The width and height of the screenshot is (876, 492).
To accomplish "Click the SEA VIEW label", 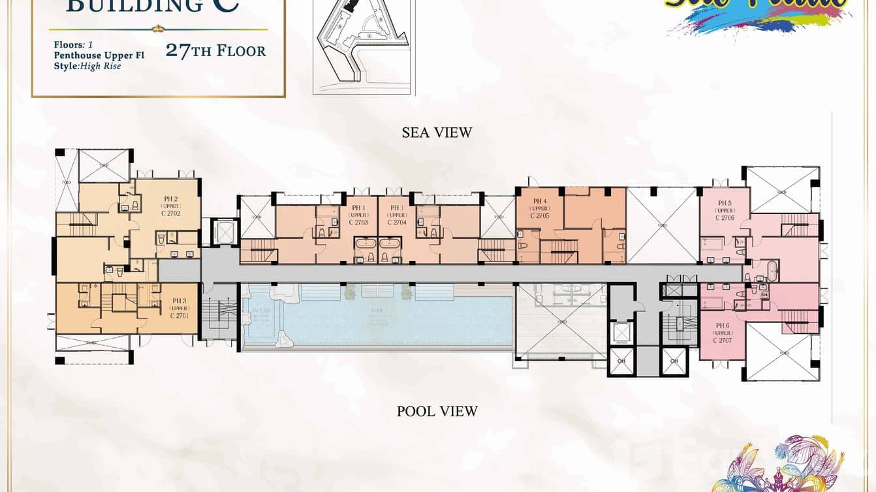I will coord(437,132).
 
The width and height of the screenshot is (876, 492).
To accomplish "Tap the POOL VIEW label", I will coord(437,411).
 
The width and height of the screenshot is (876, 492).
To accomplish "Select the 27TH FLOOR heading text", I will coord(216,50).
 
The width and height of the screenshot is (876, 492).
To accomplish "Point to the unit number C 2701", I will coord(179,316).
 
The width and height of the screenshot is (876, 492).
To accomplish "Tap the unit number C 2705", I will coord(540,216).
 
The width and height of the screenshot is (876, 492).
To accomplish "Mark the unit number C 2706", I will coord(725,218).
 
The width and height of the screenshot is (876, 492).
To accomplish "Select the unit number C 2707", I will coord(723,340).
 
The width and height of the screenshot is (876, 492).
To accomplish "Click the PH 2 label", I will coord(170,198).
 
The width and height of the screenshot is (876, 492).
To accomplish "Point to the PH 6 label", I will coord(722,326).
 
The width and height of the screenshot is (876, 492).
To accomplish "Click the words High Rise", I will coord(101,66).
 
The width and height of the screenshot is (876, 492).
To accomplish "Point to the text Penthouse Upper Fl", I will coord(99,55).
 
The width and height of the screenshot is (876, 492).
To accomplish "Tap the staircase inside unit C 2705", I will coord(560,251).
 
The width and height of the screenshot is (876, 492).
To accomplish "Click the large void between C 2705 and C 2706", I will coord(663,225).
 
